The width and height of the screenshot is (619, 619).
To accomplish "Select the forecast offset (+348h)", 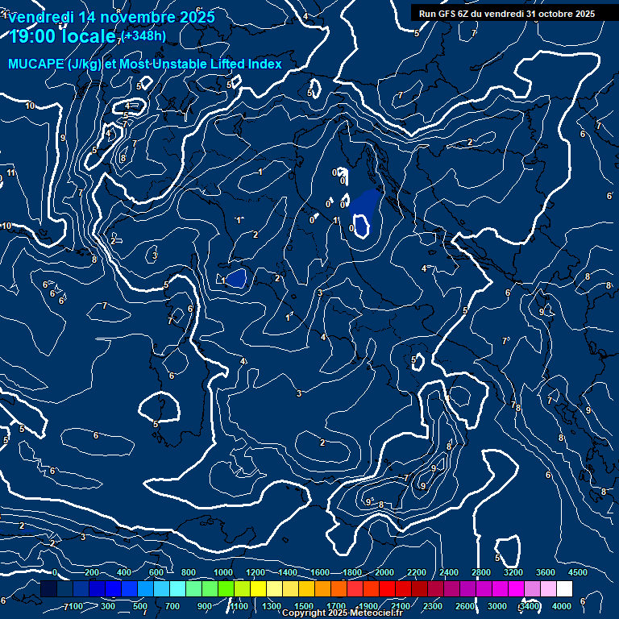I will pos(144,35).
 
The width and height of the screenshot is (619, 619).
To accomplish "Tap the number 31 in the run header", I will pos(526,13).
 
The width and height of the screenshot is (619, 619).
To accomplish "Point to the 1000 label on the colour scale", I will pos(223,572).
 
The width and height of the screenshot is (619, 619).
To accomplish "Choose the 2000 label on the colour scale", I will pos(384,572).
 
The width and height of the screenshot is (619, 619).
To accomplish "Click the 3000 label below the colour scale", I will pos(497,606).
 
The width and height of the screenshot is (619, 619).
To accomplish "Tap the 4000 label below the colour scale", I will pos(562,606).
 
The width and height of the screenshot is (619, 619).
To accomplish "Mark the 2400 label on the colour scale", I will pos(449,572).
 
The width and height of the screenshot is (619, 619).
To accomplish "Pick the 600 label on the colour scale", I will pos(157,572).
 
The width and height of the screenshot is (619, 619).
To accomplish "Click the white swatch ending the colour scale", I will pos(564,589).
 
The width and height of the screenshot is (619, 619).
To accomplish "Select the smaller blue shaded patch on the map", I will pos(235,278).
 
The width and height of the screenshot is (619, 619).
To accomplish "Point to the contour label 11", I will pos(11,173).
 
